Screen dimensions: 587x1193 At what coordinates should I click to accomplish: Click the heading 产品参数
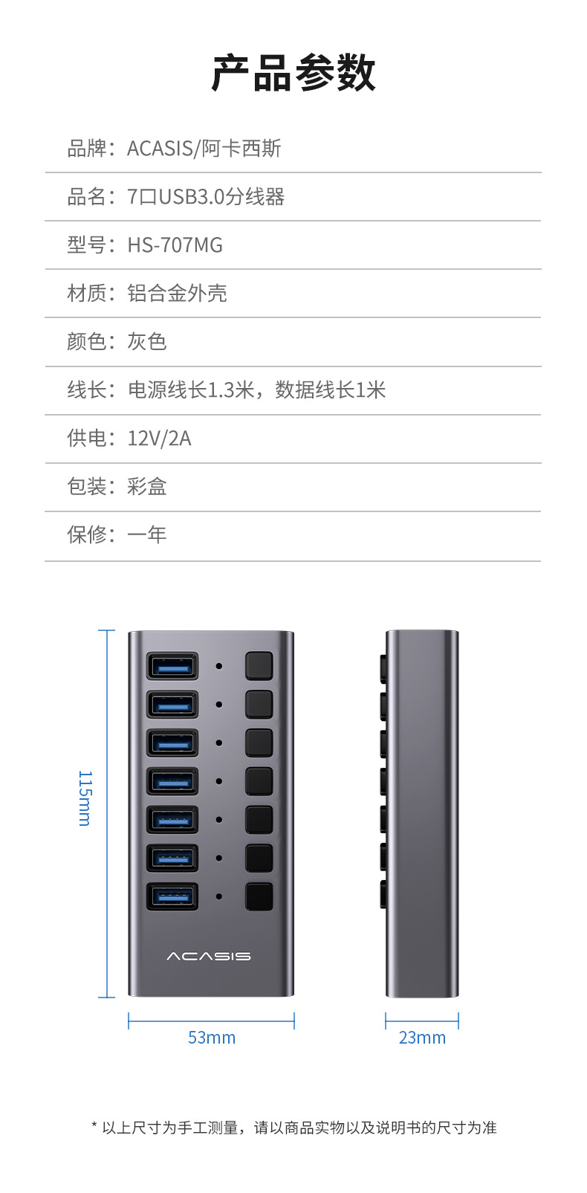click(x=293, y=74)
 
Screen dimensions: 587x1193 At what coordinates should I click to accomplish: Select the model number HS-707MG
click(x=175, y=245)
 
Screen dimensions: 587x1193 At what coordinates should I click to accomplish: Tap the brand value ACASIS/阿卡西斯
click(x=204, y=149)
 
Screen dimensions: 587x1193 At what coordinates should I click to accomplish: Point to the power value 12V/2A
click(x=159, y=439)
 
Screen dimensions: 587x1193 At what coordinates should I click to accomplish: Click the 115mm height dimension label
click(x=85, y=798)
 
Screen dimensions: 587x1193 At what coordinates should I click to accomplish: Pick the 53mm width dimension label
click(x=212, y=1038)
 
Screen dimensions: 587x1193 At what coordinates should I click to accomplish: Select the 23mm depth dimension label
click(x=422, y=1038)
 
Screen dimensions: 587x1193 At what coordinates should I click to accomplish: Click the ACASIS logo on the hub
click(x=209, y=956)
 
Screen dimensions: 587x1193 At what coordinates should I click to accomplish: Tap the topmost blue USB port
click(x=172, y=666)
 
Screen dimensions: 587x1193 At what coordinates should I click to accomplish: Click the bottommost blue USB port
click(x=172, y=896)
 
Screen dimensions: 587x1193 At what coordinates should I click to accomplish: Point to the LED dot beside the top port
click(x=219, y=666)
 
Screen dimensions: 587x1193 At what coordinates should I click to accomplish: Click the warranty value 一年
click(x=147, y=534)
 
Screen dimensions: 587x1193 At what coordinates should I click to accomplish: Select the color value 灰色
click(x=147, y=342)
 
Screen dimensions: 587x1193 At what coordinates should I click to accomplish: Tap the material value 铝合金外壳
click(x=177, y=294)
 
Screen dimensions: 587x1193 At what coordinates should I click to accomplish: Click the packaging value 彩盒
click(x=147, y=487)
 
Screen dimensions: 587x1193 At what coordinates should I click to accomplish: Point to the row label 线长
click(x=87, y=390)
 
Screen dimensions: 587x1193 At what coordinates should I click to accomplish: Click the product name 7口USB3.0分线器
click(x=206, y=197)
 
